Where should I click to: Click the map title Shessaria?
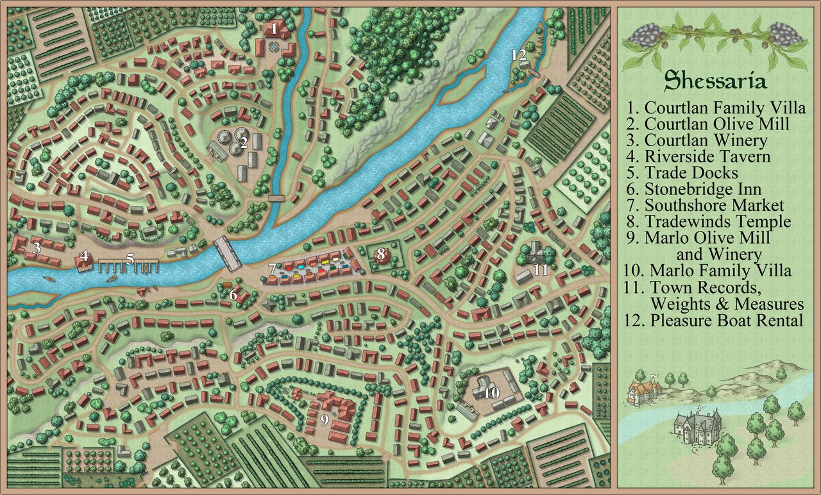click(x=715, y=81)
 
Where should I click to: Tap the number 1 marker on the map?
click(x=274, y=28)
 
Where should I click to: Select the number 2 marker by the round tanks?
click(x=244, y=143)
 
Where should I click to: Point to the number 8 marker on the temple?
click(x=380, y=255)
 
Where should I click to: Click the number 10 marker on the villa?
click(x=491, y=392)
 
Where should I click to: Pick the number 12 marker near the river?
click(x=519, y=55)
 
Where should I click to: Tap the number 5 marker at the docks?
click(x=130, y=260)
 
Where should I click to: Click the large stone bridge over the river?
click(x=228, y=253)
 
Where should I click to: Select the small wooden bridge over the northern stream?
click(x=276, y=198)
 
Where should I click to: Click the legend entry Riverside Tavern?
click(x=707, y=156)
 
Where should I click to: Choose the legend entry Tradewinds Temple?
click(x=718, y=222)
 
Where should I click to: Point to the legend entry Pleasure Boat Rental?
click(x=726, y=321)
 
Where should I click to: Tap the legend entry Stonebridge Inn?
click(x=703, y=189)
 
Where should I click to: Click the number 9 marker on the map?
click(x=325, y=420)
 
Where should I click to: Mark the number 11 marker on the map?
click(x=541, y=269)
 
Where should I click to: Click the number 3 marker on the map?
click(x=37, y=247)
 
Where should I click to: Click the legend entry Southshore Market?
click(x=714, y=206)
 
